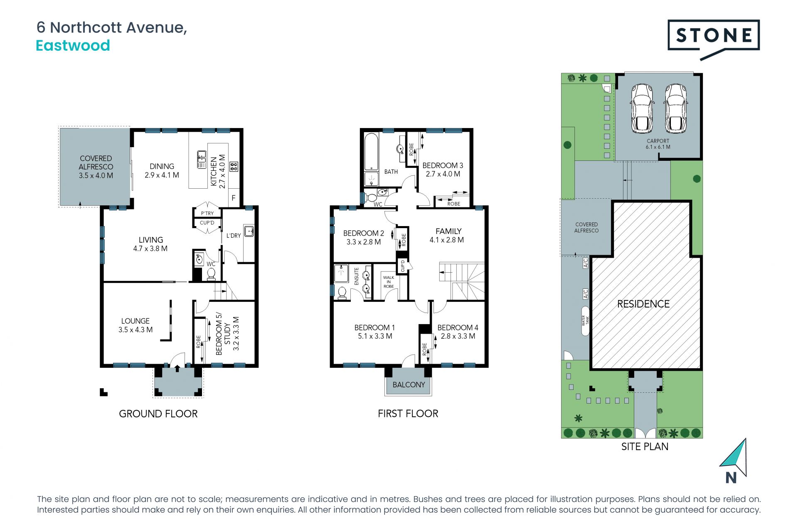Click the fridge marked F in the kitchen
[234, 198]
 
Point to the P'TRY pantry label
[207, 213]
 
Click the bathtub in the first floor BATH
[371, 152]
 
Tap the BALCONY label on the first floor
[409, 384]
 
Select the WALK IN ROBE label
[389, 282]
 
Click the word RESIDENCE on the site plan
[643, 304]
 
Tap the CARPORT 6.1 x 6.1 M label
[658, 144]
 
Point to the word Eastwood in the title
[73, 45]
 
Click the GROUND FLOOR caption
[158, 414]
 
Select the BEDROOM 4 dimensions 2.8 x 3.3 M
[458, 336]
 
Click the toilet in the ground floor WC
[211, 273]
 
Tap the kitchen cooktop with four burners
[234, 167]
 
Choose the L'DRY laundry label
[234, 236]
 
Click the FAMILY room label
[448, 231]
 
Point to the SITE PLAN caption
[645, 446]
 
